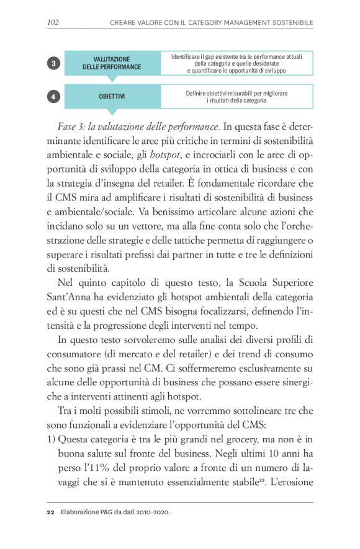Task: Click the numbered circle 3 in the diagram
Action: tap(54, 63)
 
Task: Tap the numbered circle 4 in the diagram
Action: tap(54, 97)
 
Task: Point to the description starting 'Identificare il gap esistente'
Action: tap(236, 63)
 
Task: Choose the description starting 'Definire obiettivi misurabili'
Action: tap(236, 97)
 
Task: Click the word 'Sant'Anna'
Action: tap(70, 297)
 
